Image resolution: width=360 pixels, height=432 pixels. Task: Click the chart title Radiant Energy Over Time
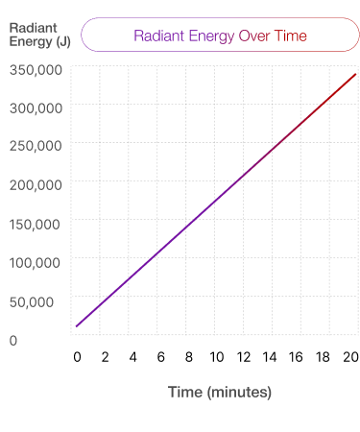coord(220,36)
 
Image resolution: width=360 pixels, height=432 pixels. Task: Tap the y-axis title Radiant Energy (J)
coord(39,35)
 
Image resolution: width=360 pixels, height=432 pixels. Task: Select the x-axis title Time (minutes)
coord(220,392)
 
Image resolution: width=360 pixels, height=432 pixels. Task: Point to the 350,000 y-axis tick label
coord(36,69)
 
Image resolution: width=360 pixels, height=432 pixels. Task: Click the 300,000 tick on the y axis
coord(36,108)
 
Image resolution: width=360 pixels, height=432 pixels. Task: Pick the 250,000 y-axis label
coord(36,146)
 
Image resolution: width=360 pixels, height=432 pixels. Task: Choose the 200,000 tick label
coord(36,184)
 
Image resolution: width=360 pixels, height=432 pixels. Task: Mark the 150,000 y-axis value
coord(36,224)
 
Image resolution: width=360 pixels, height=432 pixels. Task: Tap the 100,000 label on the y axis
coord(36,262)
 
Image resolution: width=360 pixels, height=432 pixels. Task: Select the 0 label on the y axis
coord(13,340)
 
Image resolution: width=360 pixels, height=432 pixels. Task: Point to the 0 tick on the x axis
coord(77,357)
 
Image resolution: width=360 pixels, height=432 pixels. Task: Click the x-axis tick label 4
coord(132,357)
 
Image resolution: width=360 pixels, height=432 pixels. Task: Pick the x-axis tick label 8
coord(189,357)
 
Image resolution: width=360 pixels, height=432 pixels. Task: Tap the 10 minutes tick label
coord(217,357)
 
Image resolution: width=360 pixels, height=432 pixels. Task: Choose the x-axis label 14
coord(273,357)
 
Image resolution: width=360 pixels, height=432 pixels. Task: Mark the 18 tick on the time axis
coord(328,357)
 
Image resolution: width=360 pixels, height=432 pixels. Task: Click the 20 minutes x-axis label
coord(352,357)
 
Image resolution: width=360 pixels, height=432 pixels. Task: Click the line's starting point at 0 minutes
coord(77,326)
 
